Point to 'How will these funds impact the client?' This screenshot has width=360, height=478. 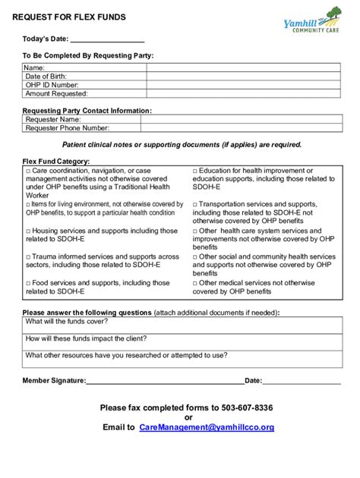(x=86, y=338)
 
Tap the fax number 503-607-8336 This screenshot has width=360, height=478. (x=248, y=407)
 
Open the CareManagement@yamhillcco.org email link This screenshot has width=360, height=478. (x=207, y=427)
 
